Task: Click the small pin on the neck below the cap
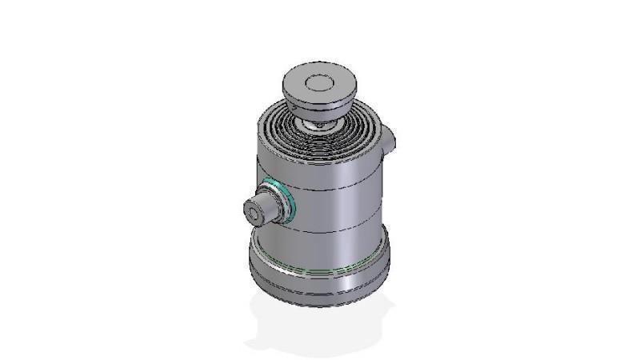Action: click(x=319, y=125)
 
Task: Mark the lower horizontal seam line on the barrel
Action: click(x=336, y=230)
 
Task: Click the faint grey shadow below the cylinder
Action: click(x=320, y=332)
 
